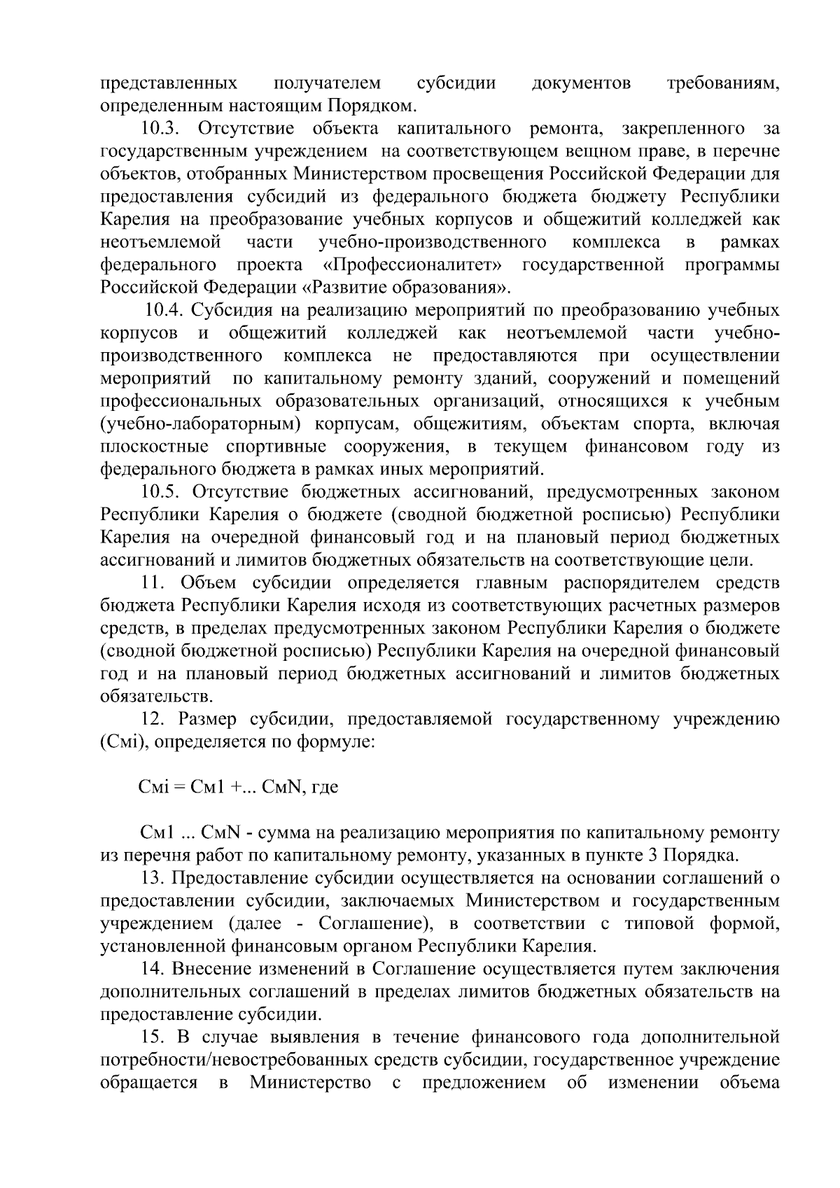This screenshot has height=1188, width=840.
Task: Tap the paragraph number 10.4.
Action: pyautogui.click(x=164, y=310)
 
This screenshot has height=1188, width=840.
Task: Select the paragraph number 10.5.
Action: pyautogui.click(x=162, y=492)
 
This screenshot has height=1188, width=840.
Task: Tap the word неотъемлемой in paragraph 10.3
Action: pyautogui.click(x=161, y=242)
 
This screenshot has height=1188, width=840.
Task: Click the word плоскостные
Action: pyautogui.click(x=155, y=447)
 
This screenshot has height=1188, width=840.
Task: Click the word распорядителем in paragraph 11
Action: pyautogui.click(x=625, y=583)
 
